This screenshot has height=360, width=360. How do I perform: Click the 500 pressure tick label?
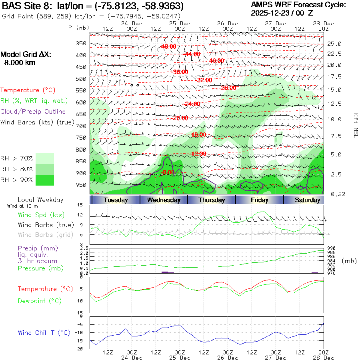point(82,79)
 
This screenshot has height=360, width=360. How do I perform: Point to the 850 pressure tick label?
point(82,161)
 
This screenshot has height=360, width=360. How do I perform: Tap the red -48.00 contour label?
point(168,46)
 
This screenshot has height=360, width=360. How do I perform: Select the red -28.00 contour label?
point(228,88)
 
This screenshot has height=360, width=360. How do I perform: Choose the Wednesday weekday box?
point(164,200)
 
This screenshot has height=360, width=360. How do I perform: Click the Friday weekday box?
point(260,200)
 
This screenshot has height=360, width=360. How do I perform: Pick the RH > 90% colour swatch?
point(45,180)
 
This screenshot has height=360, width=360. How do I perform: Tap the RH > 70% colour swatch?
point(45,158)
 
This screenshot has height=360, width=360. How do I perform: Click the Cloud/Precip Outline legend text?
point(33,112)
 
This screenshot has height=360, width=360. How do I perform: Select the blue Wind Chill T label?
point(44,332)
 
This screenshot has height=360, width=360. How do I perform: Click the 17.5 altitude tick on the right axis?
point(334,76)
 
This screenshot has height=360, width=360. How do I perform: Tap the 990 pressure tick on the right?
point(331,248)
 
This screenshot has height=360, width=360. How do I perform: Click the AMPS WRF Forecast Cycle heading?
point(298,5)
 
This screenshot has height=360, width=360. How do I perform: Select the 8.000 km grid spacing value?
point(19,63)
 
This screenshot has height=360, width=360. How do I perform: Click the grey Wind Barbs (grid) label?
point(46,234)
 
